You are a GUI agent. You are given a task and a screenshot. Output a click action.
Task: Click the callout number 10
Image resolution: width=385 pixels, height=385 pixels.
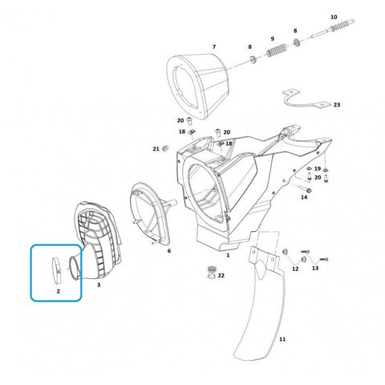(x=334, y=17)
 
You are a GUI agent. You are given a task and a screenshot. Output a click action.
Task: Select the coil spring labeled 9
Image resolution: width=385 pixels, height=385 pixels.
(x=278, y=50)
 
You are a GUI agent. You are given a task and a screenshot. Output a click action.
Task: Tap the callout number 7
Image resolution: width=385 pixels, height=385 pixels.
(x=214, y=47)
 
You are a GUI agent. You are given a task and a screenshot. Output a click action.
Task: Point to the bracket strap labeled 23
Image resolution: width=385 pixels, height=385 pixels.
(x=306, y=100)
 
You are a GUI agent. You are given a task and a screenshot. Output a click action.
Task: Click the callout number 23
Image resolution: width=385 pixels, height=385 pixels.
(x=337, y=105)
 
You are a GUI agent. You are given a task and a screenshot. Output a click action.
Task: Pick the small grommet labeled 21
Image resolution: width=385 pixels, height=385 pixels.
(x=165, y=148)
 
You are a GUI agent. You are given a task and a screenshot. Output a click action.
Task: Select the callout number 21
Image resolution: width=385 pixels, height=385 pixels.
(x=156, y=148)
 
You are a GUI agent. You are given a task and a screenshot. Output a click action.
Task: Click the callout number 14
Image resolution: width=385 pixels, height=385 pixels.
(x=304, y=197)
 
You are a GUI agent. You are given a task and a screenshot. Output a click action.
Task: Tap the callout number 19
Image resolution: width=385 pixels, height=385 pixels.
(x=318, y=168)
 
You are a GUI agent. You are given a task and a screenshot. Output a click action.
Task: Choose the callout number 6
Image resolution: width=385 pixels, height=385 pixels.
(x=169, y=251)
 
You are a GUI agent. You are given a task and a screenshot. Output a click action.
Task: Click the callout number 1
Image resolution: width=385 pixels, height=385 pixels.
(x=228, y=255)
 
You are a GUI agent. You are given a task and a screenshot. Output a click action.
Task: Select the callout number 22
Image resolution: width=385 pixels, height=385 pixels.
(x=221, y=275)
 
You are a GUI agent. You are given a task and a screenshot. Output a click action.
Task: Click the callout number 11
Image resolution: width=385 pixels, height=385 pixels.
(x=282, y=339)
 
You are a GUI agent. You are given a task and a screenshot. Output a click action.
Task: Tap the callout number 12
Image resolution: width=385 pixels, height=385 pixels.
(x=295, y=269)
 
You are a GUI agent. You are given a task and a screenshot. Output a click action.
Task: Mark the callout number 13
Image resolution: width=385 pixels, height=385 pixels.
(x=315, y=268)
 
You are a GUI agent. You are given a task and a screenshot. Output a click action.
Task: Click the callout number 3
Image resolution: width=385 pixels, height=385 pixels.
(x=99, y=285)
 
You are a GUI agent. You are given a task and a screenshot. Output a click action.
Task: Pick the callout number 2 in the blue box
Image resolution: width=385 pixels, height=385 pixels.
(x=59, y=291)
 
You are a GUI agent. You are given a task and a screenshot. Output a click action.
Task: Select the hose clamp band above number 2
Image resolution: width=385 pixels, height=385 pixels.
(x=56, y=270)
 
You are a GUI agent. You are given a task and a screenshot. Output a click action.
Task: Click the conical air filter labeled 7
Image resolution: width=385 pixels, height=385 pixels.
(x=198, y=87)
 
